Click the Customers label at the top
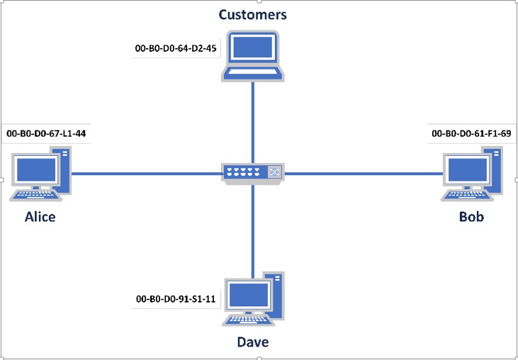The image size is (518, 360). pyautogui.click(x=253, y=15)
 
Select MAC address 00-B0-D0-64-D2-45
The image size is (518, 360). pyautogui.click(x=175, y=50)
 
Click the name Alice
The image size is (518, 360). pyautogui.click(x=40, y=217)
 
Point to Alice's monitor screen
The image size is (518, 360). pyautogui.click(x=35, y=170)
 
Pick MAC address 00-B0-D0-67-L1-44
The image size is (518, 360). pyautogui.click(x=46, y=133)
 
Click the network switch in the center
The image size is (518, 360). pyautogui.click(x=253, y=173)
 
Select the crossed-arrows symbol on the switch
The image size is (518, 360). pyautogui.click(x=274, y=171)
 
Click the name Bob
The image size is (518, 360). pyautogui.click(x=471, y=217)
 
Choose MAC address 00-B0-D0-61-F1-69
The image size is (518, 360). pyautogui.click(x=471, y=133)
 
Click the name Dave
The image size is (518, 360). pyautogui.click(x=252, y=343)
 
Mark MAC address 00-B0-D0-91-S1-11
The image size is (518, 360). pyautogui.click(x=176, y=300)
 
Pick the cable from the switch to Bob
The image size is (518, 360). pyautogui.click(x=361, y=173)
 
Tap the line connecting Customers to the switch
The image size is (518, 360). pyautogui.click(x=253, y=120)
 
